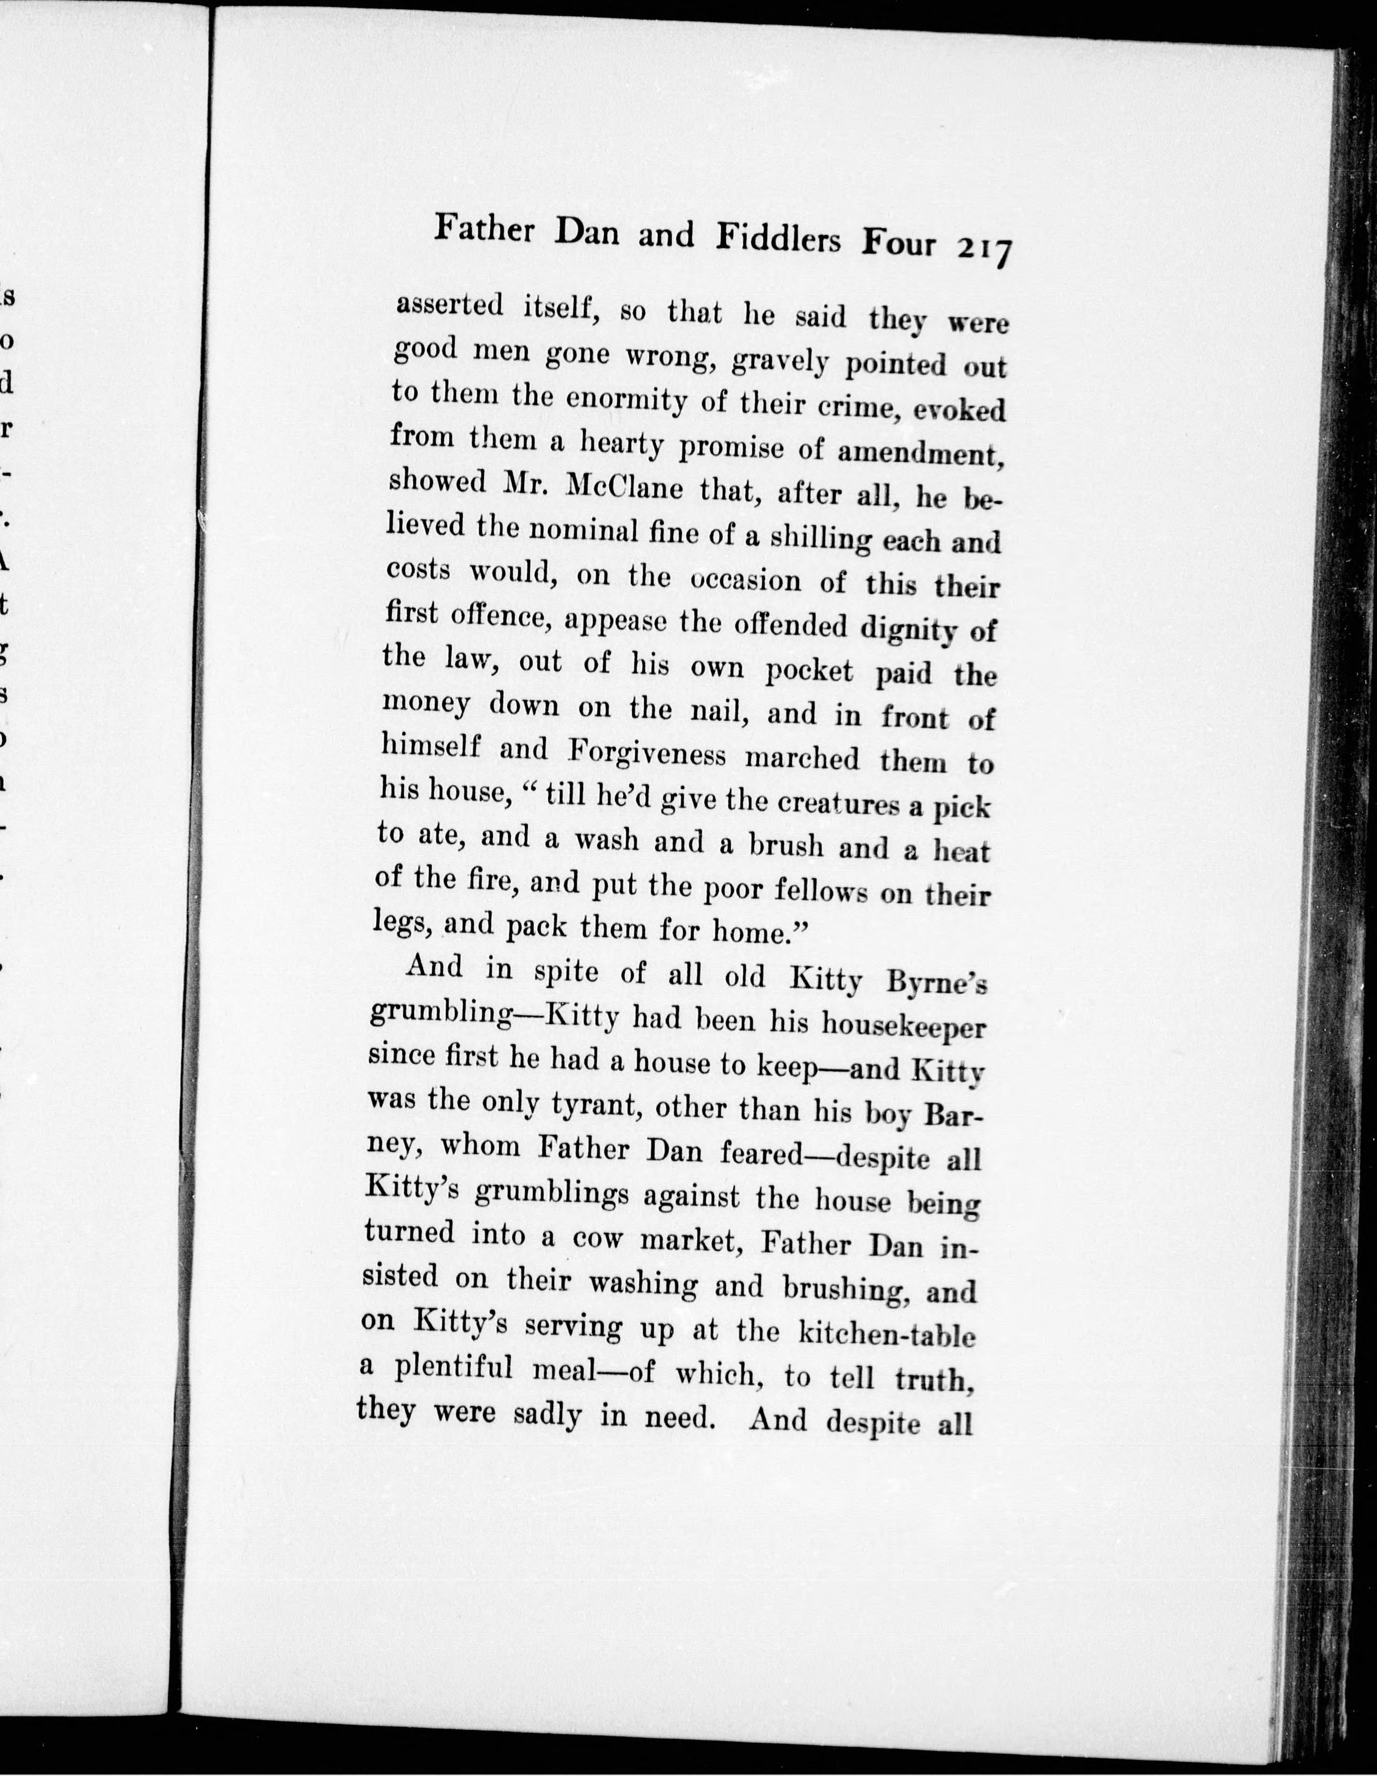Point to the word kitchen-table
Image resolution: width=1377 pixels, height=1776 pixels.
tap(887, 1336)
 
